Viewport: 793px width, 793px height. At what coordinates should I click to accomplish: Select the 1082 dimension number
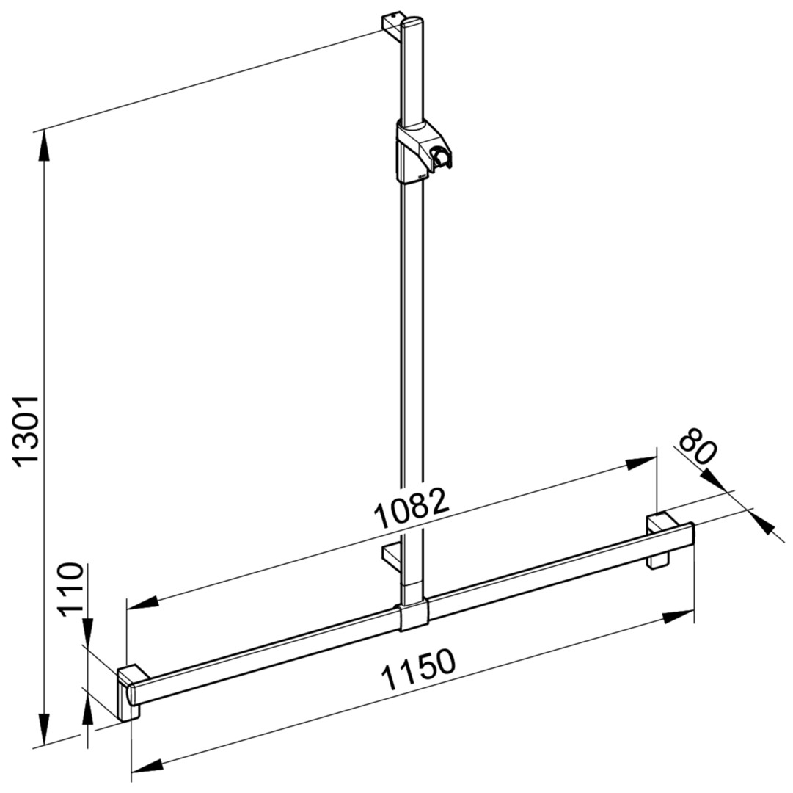pos(411,507)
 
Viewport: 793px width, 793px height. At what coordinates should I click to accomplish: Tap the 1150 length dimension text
pos(417,670)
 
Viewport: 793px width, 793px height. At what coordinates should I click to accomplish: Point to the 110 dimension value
pos(70,589)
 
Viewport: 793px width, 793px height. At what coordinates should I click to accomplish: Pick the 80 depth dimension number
pos(698,446)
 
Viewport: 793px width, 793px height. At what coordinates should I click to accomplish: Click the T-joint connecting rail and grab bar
pos(414,614)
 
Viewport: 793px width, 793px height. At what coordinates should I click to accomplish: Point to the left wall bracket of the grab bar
pos(131,693)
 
